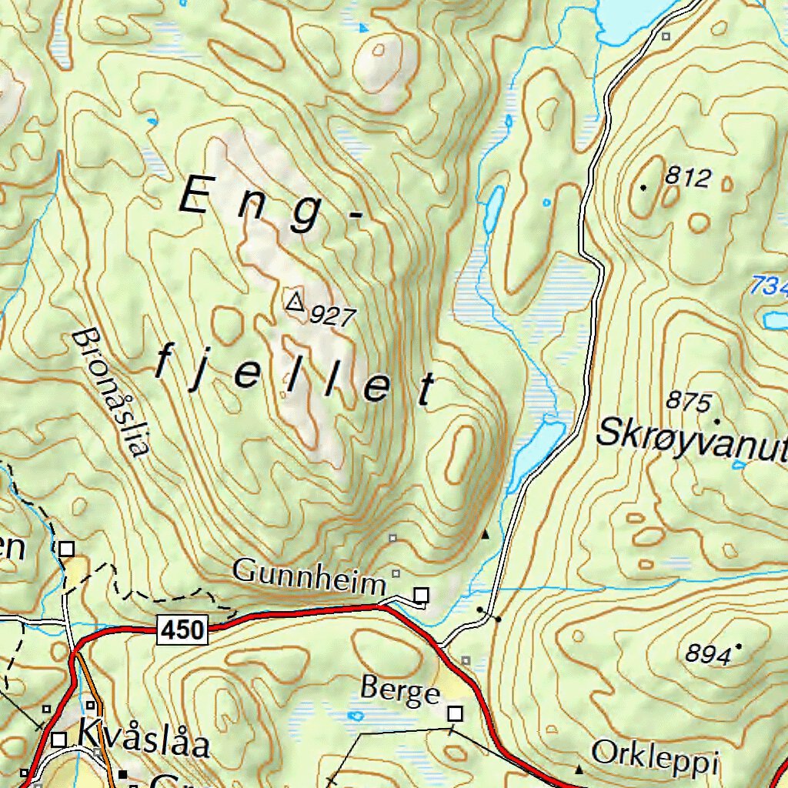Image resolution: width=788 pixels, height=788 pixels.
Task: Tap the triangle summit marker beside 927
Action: [294, 301]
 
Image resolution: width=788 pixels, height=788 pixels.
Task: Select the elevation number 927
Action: [332, 316]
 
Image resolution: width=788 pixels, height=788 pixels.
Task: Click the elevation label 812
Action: [687, 179]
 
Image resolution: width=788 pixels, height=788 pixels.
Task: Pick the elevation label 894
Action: [708, 655]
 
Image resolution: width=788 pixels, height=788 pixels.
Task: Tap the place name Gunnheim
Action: [309, 573]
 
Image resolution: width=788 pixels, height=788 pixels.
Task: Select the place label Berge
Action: [400, 692]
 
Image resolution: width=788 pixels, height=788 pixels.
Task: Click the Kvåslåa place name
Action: [143, 738]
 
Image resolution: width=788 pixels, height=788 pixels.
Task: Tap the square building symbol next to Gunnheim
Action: [422, 594]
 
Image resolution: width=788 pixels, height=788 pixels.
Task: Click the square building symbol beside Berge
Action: [456, 714]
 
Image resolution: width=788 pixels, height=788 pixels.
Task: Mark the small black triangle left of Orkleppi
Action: [579, 769]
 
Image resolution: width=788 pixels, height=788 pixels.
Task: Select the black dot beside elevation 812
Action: [643, 187]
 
